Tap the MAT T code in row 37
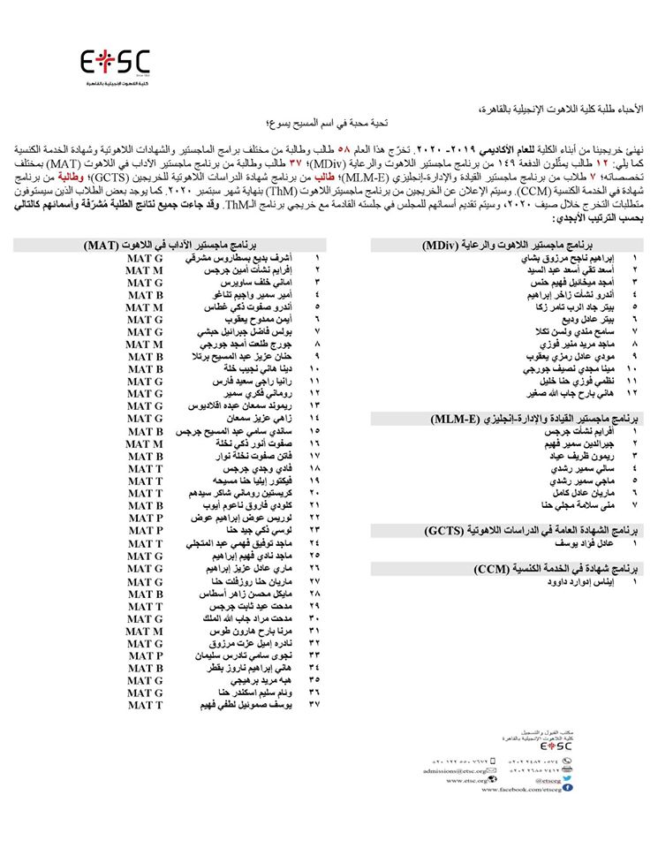(x=144, y=705)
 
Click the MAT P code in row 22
(x=144, y=517)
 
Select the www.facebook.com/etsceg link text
(x=520, y=788)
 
